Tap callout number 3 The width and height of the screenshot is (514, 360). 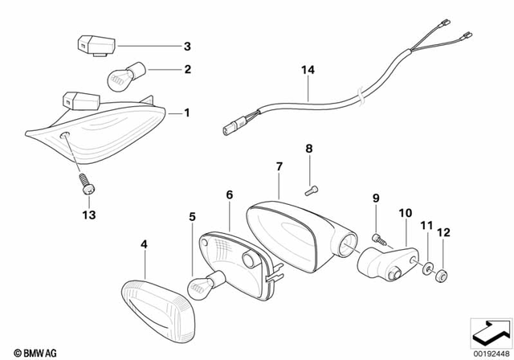187,46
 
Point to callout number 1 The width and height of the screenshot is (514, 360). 187,113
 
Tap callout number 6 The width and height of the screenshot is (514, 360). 229,194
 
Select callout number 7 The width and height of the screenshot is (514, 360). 279,167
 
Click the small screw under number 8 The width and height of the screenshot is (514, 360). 312,190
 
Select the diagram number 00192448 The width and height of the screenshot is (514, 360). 488,350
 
